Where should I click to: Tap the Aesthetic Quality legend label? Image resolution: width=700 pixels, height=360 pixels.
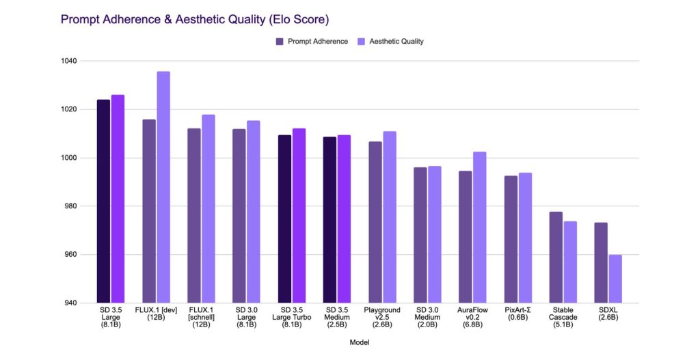[x=396, y=42]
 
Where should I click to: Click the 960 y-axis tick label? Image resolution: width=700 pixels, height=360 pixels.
[x=70, y=255]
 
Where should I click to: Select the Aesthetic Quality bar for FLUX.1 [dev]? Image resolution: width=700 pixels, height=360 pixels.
[x=163, y=187]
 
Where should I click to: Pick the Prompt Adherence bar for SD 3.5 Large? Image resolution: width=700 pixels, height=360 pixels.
[x=103, y=202]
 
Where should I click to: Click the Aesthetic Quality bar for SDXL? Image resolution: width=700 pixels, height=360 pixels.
[x=615, y=279]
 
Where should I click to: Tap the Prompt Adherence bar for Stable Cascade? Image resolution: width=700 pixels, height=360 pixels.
[x=556, y=258]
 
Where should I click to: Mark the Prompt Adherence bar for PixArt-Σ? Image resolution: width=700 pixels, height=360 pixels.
[x=511, y=239]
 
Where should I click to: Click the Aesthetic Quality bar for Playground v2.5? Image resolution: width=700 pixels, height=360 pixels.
[x=389, y=217]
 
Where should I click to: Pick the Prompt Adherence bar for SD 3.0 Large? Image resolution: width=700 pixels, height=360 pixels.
[x=239, y=216]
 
